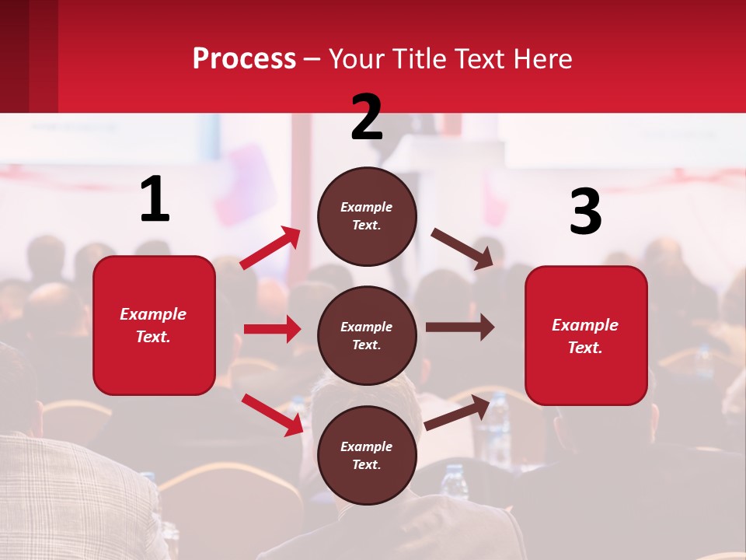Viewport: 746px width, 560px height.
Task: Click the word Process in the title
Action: [x=244, y=59]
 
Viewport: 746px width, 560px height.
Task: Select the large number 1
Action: [x=155, y=199]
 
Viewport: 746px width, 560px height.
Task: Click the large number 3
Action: [x=585, y=212]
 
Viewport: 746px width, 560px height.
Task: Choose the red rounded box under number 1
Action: [x=154, y=325]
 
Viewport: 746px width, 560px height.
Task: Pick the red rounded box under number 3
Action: [x=586, y=335]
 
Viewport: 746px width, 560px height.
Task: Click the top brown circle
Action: [x=367, y=216]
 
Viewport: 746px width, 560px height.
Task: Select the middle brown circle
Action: [x=367, y=335]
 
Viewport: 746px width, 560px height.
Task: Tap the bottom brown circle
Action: [x=367, y=455]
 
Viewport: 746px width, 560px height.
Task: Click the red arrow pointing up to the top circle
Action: [x=270, y=248]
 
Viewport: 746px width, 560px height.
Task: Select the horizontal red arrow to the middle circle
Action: [x=272, y=329]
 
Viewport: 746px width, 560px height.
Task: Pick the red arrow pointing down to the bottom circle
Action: [x=273, y=415]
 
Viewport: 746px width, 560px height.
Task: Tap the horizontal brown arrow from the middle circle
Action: [x=460, y=327]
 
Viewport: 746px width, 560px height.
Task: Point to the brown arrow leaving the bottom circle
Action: [x=458, y=412]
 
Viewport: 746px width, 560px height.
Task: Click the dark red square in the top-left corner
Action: [x=29, y=56]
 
